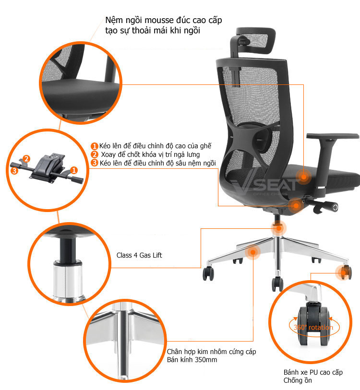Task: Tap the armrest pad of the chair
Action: tap(333, 136)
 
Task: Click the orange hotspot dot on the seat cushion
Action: tap(303, 177)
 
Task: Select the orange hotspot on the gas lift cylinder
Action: tap(278, 228)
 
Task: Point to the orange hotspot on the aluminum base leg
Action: tap(252, 252)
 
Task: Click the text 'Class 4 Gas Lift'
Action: tap(139, 255)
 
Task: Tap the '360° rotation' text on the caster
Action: tap(313, 327)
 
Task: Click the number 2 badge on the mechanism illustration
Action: tap(26, 159)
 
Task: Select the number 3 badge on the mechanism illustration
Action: tap(14, 171)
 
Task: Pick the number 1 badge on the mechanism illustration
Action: tap(74, 170)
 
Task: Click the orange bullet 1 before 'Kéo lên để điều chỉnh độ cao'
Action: tap(94, 146)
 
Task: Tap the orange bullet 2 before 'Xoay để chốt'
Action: tap(94, 154)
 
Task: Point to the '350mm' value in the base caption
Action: tap(206, 360)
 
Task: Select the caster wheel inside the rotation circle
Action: tap(314, 325)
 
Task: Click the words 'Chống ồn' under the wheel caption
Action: tap(298, 380)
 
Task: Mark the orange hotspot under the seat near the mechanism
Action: tap(296, 205)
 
